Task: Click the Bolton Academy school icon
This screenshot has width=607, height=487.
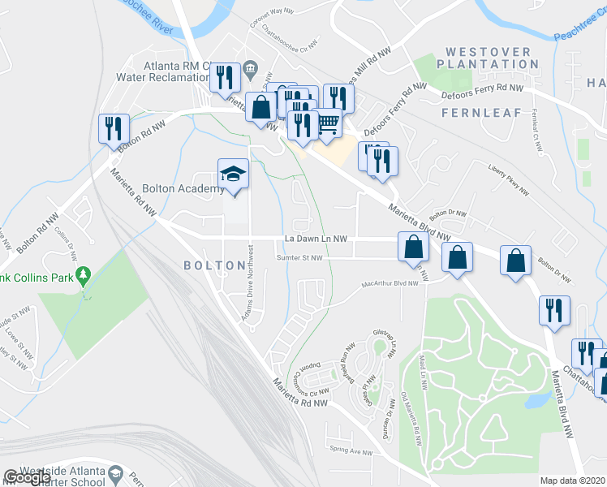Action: point(232,174)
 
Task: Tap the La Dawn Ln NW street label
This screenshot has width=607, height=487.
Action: point(316,239)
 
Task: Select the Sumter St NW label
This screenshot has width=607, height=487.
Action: point(299,258)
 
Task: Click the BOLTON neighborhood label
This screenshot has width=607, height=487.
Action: point(214,265)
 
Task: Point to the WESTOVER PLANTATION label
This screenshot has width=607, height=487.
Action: point(487,58)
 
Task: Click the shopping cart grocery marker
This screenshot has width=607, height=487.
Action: point(328,123)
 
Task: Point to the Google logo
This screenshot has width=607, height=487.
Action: point(27,477)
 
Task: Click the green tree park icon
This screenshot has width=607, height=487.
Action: point(83,277)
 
